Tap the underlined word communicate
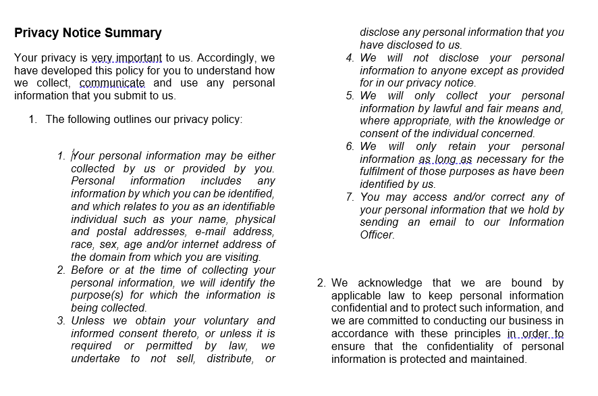[x=112, y=83]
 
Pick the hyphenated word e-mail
[x=213, y=232]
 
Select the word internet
[x=201, y=245]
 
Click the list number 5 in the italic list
[x=350, y=96]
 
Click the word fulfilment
[x=385, y=172]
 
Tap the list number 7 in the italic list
[x=350, y=197]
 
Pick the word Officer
[x=376, y=235]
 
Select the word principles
[x=472, y=334]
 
